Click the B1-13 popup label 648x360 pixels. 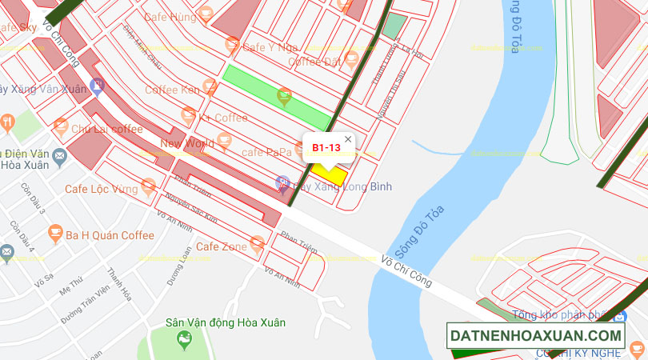326,147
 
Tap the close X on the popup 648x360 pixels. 348,139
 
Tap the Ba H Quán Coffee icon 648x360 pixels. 55,234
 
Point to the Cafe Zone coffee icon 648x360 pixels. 257,242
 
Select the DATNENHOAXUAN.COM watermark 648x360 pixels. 535,336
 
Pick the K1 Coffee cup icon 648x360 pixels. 189,117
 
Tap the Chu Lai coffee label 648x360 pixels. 107,129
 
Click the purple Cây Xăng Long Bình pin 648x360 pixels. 282,184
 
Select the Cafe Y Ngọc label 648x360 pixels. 270,47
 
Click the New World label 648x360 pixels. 187,144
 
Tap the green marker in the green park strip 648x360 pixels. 284,97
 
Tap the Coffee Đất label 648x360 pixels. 314,62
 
